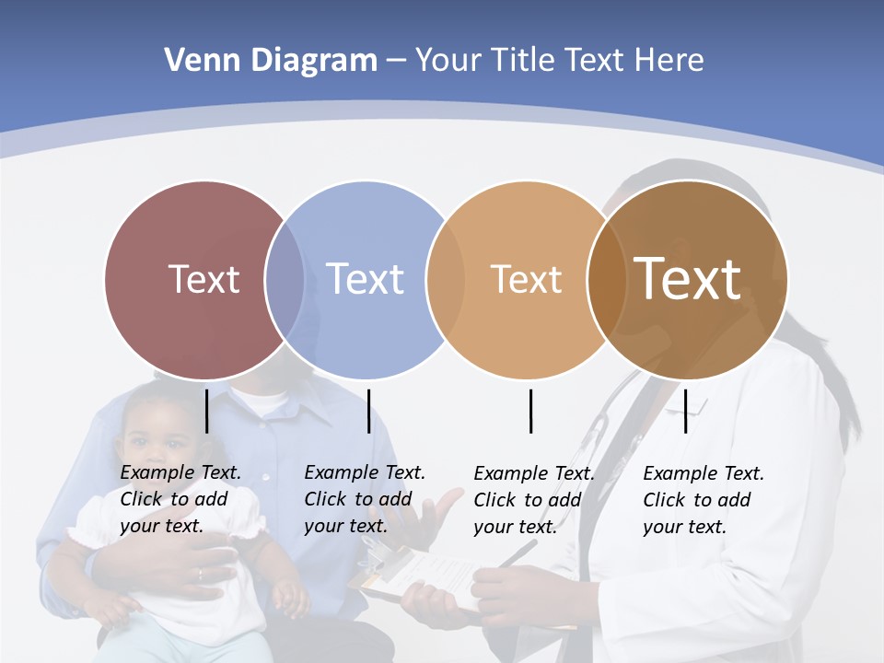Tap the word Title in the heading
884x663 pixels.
523,61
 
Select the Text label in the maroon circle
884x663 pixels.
204,279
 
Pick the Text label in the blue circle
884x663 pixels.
365,279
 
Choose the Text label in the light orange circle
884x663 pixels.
526,279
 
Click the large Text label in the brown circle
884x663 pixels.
688,279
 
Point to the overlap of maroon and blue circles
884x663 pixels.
285,279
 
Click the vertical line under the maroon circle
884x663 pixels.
206,411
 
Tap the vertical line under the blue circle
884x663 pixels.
368,411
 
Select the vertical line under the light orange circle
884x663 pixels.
530,411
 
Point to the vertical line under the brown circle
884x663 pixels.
685,411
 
